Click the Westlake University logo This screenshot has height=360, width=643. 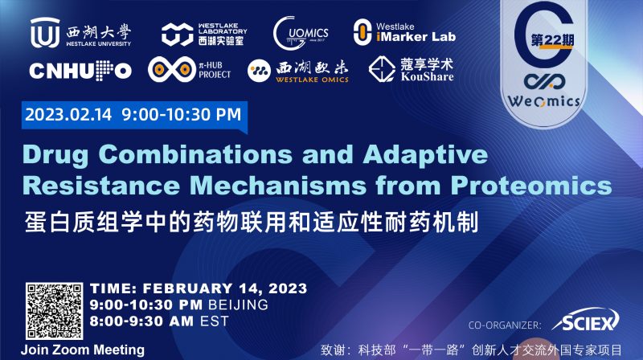pyautogui.click(x=80, y=33)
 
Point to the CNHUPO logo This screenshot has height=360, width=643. pyautogui.click(x=80, y=71)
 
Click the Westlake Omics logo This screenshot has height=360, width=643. pyautogui.click(x=295, y=71)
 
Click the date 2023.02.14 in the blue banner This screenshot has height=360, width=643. pyautogui.click(x=69, y=115)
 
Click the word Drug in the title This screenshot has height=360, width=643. pyautogui.click(x=61, y=154)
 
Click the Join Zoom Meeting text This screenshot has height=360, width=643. pyautogui.click(x=84, y=350)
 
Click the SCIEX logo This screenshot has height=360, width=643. pyautogui.click(x=592, y=323)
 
